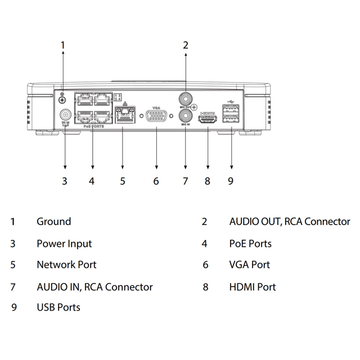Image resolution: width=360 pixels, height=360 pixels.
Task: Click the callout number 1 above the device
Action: point(63,44)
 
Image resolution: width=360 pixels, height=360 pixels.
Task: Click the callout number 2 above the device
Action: point(186,44)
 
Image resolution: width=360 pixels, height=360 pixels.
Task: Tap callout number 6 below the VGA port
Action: point(156,181)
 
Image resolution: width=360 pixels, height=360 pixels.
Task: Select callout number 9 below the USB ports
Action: point(231,181)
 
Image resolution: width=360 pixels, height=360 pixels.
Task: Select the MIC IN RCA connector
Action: point(185,116)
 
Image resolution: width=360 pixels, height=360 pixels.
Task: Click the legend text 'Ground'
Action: point(54,222)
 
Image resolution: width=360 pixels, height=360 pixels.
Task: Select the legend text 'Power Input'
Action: point(64,244)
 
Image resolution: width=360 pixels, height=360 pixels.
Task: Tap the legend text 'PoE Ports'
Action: point(250,244)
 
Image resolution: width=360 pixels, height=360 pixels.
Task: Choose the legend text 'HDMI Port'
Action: point(253,287)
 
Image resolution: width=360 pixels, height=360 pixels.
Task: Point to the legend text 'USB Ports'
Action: point(58,307)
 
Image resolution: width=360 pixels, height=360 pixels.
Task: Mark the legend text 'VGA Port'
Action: point(250,264)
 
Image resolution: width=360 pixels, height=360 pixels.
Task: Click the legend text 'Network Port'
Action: point(66,264)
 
